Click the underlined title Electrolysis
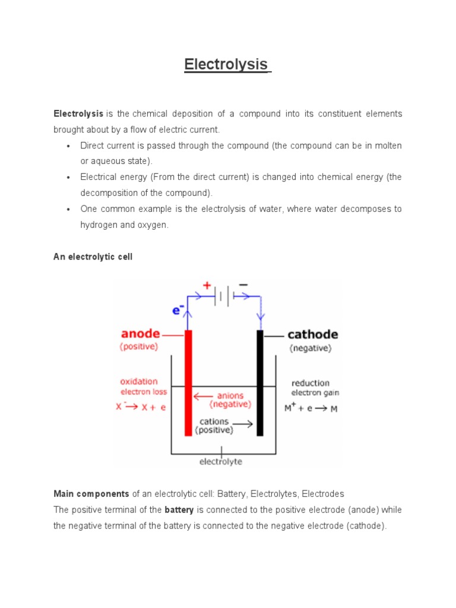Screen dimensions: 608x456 click(x=226, y=64)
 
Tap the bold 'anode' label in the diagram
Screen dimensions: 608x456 click(x=140, y=334)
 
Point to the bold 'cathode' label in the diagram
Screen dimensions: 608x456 click(x=312, y=335)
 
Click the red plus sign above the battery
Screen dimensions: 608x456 click(x=207, y=285)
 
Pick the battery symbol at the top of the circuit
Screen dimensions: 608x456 click(x=224, y=295)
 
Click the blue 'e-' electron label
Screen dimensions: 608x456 click(x=178, y=310)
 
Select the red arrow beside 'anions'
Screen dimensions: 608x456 click(x=203, y=395)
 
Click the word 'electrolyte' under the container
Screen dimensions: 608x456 click(x=220, y=461)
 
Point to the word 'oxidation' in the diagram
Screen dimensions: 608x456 click(x=139, y=381)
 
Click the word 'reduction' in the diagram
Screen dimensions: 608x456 click(x=311, y=383)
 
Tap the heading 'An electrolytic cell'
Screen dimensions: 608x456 click(x=93, y=256)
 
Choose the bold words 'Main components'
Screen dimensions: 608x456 click(x=91, y=493)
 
